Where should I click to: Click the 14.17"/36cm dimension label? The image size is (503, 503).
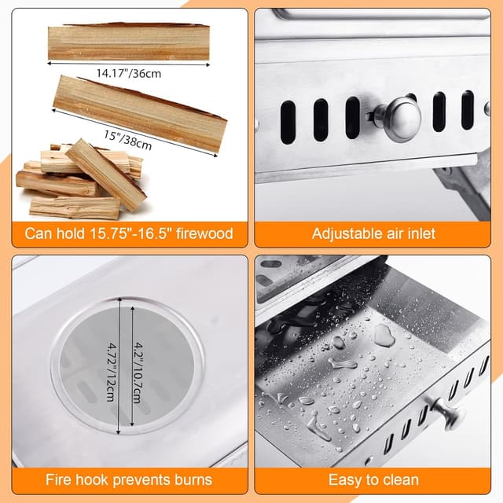tap(129, 73)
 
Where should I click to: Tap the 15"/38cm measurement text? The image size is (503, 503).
tap(127, 140)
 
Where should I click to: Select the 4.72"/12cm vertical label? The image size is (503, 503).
tap(111, 372)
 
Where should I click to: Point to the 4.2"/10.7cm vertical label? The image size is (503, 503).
tap(138, 372)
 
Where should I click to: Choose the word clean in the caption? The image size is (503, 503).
tap(400, 480)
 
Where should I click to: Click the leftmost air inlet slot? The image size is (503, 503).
tap(288, 122)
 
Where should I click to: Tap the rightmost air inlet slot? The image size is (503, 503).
tap(468, 110)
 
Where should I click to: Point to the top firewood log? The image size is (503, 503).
tap(129, 41)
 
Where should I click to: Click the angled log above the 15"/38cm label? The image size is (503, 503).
tap(140, 114)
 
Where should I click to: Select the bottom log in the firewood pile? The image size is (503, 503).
tap(75, 207)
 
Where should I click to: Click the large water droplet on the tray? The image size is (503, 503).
tap(384, 336)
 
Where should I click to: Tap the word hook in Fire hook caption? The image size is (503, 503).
tap(91, 480)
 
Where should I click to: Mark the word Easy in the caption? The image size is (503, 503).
tap(345, 480)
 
